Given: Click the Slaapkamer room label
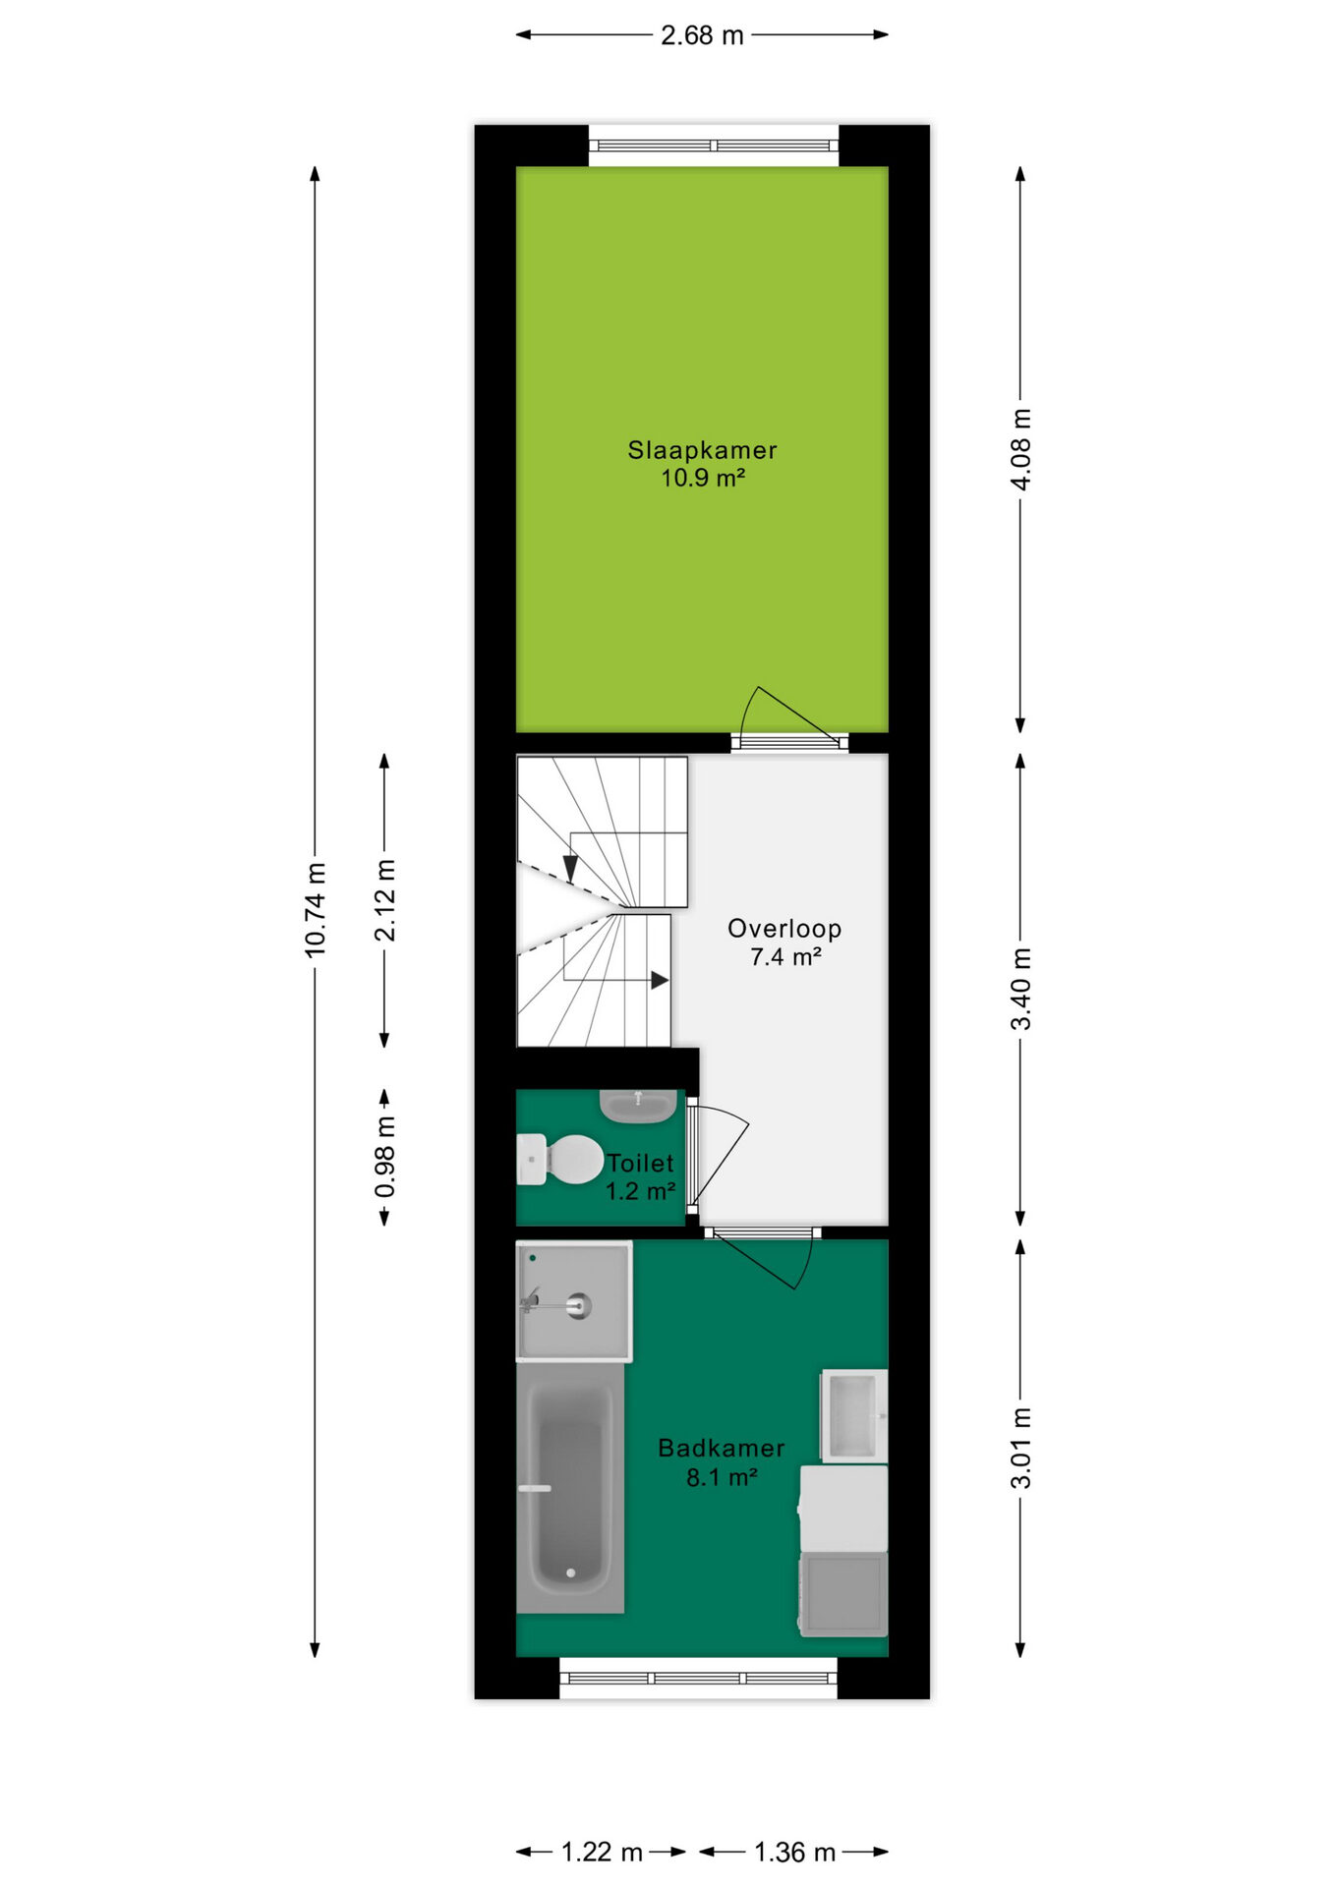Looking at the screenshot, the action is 702,450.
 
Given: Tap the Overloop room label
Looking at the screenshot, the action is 784,929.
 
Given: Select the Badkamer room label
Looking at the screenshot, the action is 722,1448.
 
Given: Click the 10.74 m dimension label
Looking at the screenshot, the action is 316,909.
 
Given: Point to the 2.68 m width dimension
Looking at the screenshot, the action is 702,35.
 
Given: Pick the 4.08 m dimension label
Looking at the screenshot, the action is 1021,449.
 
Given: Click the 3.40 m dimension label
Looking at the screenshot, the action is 1021,989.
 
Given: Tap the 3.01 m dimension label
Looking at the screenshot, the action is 1021,1448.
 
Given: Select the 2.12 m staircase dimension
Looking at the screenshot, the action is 385,900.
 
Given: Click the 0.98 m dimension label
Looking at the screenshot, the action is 385,1157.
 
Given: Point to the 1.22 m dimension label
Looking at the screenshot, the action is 602,1853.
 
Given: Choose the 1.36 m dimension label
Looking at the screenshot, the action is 794,1853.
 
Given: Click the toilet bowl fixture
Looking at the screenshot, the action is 560,1160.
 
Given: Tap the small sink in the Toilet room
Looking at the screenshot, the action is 638,1106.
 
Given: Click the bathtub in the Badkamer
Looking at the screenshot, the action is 570,1487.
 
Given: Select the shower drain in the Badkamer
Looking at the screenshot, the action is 579,1306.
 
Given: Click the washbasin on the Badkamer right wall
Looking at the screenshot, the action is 853,1416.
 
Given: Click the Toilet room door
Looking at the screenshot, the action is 718,1155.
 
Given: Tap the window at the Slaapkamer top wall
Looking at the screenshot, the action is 714,145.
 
